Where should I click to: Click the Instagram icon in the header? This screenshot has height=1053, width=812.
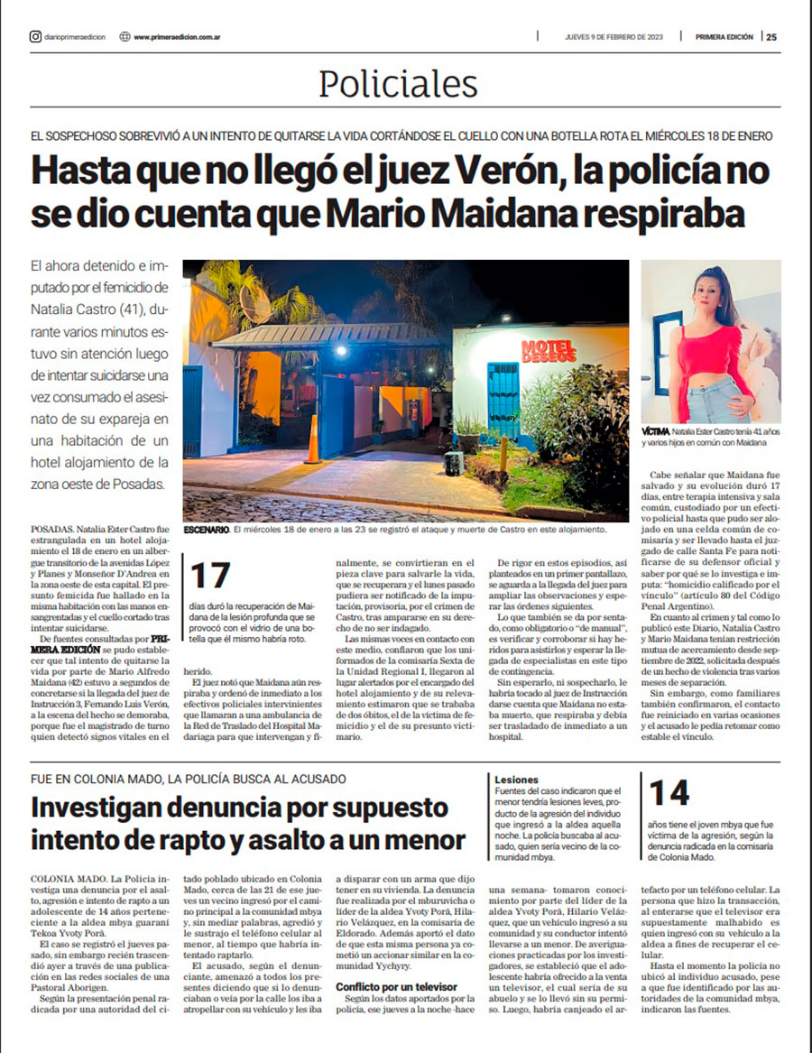[x=35, y=37]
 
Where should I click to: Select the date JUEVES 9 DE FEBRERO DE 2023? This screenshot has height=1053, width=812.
[x=614, y=37]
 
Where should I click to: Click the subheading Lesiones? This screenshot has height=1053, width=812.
[x=516, y=779]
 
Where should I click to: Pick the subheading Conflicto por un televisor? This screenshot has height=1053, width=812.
[x=395, y=986]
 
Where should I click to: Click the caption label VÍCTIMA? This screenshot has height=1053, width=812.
[x=656, y=433]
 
